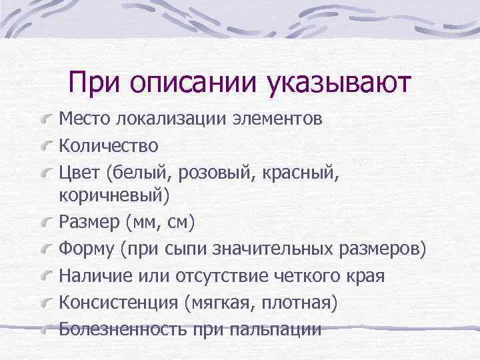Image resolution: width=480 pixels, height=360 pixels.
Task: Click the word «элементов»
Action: [278, 119]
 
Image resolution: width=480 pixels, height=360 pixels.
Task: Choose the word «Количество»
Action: [109, 145]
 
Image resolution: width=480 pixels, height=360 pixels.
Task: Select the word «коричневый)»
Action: [115, 195]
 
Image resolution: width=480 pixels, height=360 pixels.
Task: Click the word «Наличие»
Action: [91, 275]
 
